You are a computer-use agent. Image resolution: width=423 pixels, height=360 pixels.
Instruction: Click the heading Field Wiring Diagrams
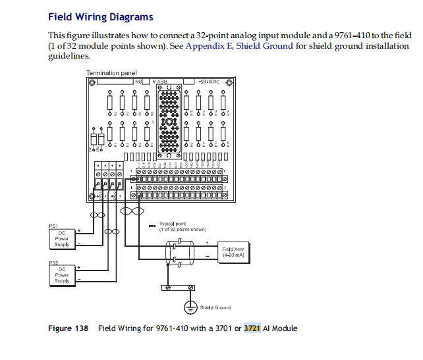click(101, 17)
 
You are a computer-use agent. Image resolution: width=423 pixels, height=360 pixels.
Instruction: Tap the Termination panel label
click(112, 72)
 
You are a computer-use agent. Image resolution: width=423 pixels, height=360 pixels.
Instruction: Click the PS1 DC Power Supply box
click(61, 238)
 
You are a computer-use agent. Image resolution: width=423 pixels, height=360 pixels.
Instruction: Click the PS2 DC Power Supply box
click(61, 274)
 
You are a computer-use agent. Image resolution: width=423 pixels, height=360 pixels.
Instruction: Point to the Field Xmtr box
click(237, 252)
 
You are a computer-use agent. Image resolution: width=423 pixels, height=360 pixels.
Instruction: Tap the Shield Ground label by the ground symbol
click(215, 307)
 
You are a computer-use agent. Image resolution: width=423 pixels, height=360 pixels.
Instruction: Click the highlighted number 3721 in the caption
click(252, 328)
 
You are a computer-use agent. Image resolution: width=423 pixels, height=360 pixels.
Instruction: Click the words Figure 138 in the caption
click(69, 328)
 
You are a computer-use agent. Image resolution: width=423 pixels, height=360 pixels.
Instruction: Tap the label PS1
click(54, 225)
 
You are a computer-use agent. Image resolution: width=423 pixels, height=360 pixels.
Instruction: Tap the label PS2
click(54, 262)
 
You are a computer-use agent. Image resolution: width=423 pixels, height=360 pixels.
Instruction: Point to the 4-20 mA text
click(237, 255)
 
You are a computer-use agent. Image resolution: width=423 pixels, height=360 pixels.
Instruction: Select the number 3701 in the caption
click(223, 328)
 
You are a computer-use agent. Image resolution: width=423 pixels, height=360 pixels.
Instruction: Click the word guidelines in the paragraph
click(68, 56)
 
